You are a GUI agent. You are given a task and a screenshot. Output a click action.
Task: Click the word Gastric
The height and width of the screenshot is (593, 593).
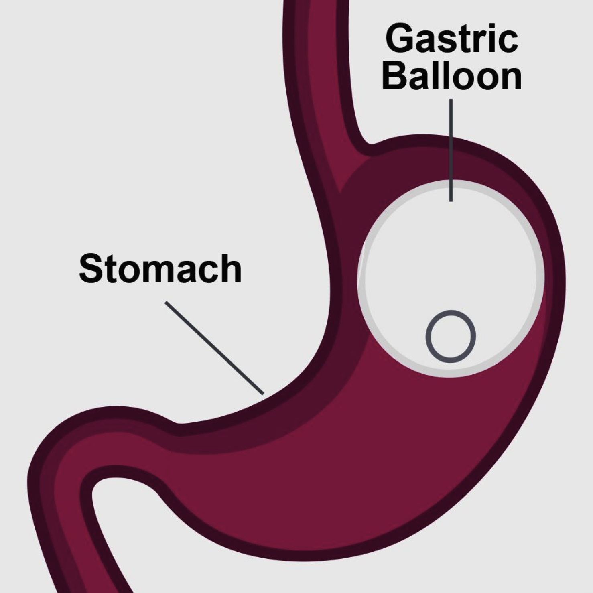[452, 39]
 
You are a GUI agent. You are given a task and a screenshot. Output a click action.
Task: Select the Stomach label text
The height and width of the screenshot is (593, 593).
[160, 268]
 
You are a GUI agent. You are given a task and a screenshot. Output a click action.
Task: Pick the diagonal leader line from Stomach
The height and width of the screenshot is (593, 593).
[215, 348]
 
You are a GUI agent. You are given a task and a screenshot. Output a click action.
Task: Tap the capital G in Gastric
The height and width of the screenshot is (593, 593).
[400, 39]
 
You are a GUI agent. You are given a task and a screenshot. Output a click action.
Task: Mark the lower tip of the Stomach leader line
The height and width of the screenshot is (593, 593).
[263, 394]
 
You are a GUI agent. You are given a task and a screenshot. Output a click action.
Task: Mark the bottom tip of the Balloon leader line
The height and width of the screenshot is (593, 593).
[451, 200]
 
